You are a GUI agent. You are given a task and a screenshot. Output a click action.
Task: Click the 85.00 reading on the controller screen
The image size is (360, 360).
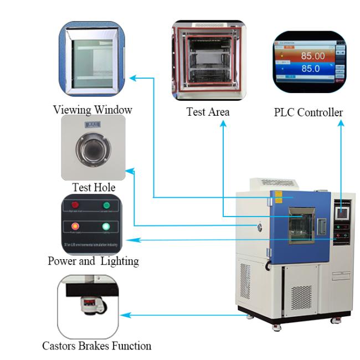312,56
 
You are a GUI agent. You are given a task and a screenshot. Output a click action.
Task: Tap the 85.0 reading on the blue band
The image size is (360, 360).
310,69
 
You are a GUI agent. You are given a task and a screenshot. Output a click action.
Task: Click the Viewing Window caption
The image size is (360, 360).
92,109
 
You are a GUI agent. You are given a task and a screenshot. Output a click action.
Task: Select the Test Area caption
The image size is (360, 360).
208,112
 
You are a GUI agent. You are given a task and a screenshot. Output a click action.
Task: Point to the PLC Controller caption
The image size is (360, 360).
308,112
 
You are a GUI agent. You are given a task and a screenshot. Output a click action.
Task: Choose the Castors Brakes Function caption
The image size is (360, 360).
96,346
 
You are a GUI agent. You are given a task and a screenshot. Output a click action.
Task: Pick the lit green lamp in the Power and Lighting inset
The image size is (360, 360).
106,226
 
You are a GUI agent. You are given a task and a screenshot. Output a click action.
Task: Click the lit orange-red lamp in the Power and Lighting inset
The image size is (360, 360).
75,226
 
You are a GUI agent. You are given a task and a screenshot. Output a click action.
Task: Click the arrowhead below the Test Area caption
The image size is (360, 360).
223,124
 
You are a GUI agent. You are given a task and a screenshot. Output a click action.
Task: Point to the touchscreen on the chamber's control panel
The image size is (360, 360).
342,212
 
